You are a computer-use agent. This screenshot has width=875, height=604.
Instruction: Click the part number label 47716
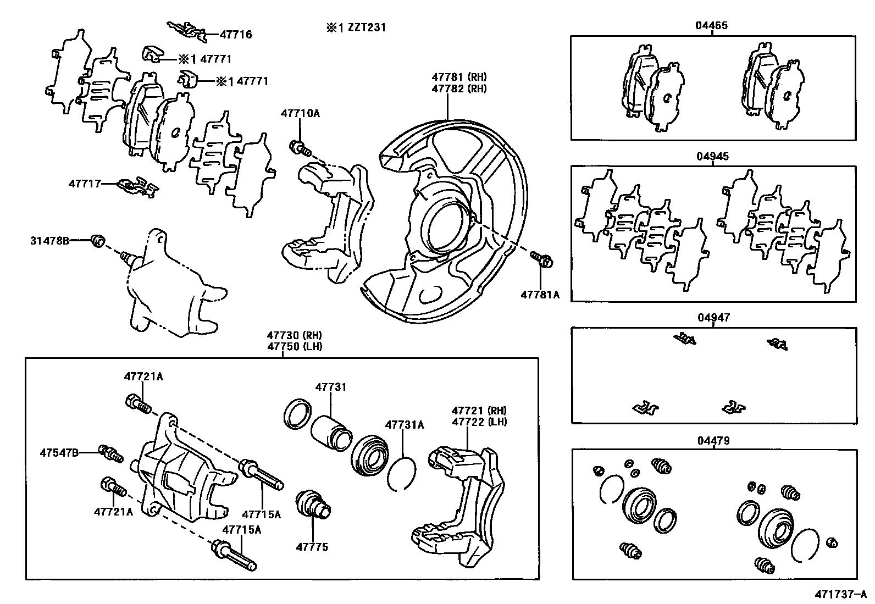tap(236, 35)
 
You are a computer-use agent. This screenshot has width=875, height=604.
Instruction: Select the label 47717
tap(85, 183)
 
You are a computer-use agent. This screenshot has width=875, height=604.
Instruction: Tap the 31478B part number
tap(49, 240)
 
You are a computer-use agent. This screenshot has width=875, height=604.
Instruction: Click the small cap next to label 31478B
tap(98, 241)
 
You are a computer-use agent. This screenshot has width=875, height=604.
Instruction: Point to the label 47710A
tap(300, 114)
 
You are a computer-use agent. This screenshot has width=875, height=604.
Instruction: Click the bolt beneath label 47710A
tap(300, 148)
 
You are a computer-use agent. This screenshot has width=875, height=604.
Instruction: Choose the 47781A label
tap(540, 295)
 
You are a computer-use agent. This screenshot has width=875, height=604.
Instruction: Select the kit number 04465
tap(712, 25)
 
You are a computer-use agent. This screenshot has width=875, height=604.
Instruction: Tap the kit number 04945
tap(712, 156)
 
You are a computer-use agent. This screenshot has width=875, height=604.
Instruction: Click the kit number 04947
tap(712, 317)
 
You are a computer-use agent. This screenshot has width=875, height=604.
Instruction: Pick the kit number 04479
tap(712, 440)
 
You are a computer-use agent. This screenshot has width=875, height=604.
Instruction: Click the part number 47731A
tap(405, 424)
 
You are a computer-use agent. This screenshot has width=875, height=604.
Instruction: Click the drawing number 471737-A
tap(840, 595)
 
